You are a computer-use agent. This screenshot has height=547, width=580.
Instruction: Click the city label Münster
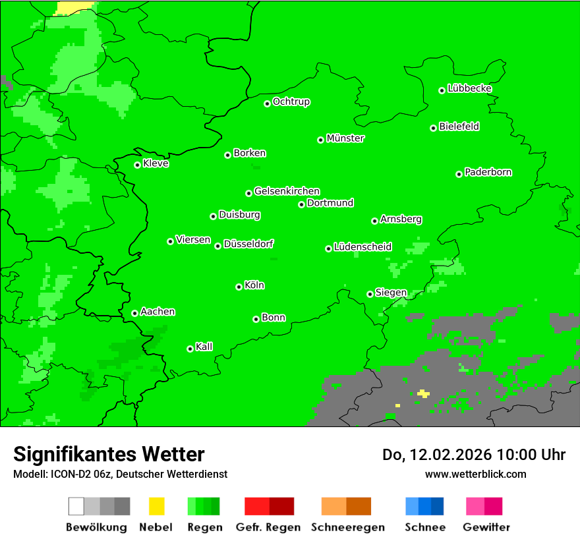345,138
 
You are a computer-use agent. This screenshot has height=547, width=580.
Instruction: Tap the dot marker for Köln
239,287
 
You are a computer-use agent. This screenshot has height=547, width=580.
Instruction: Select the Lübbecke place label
469,88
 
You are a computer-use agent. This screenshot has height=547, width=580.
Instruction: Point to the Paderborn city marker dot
459,174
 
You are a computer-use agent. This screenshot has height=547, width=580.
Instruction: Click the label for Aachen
158,312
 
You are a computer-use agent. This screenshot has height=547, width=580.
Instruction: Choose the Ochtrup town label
291,101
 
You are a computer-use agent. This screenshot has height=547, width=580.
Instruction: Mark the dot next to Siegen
370,294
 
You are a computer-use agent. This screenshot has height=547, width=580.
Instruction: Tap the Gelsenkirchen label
287,191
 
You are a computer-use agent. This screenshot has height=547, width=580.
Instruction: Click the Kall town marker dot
190,349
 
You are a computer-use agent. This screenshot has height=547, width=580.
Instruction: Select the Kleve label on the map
156,163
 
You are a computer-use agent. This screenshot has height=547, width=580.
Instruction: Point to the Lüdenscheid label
362,247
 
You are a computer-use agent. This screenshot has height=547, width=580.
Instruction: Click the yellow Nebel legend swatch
156,506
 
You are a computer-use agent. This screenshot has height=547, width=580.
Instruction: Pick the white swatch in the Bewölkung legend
76,506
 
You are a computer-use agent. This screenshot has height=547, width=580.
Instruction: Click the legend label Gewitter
486,527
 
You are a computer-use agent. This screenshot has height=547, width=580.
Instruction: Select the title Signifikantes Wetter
109,454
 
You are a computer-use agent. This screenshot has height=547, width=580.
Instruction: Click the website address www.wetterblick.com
475,474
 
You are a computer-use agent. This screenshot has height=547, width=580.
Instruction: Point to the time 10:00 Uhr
531,455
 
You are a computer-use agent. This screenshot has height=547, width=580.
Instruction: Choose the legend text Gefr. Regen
268,527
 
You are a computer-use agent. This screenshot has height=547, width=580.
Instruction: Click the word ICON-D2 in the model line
69,474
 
